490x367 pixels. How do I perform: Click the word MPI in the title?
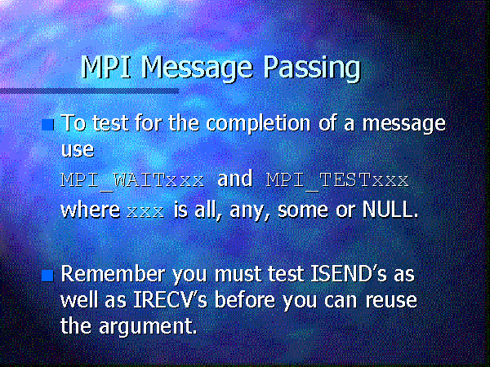coord(105,67)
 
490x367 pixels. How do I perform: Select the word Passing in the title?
coord(312,69)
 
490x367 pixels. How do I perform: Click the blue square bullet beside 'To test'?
coord(48,125)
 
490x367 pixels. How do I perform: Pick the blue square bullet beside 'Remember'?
coord(48,276)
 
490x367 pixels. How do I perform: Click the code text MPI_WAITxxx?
coord(133,181)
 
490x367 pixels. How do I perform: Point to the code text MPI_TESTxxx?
coord(337,181)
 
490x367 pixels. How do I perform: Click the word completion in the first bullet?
coord(258,124)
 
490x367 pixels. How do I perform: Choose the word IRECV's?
coord(171,300)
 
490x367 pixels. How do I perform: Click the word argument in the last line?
coord(148,327)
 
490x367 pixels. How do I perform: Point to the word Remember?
coord(113,274)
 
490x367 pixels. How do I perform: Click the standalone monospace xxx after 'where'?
coord(145,212)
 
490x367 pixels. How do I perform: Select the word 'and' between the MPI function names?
coord(235,179)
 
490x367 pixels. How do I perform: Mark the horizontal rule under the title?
coord(89,91)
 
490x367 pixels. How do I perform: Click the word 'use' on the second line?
coord(78,150)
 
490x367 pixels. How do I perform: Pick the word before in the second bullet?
coord(245,300)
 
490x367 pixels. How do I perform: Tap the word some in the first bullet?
coord(303,210)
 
